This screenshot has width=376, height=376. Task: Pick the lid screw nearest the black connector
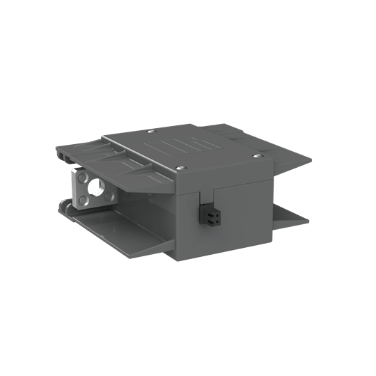183,168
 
